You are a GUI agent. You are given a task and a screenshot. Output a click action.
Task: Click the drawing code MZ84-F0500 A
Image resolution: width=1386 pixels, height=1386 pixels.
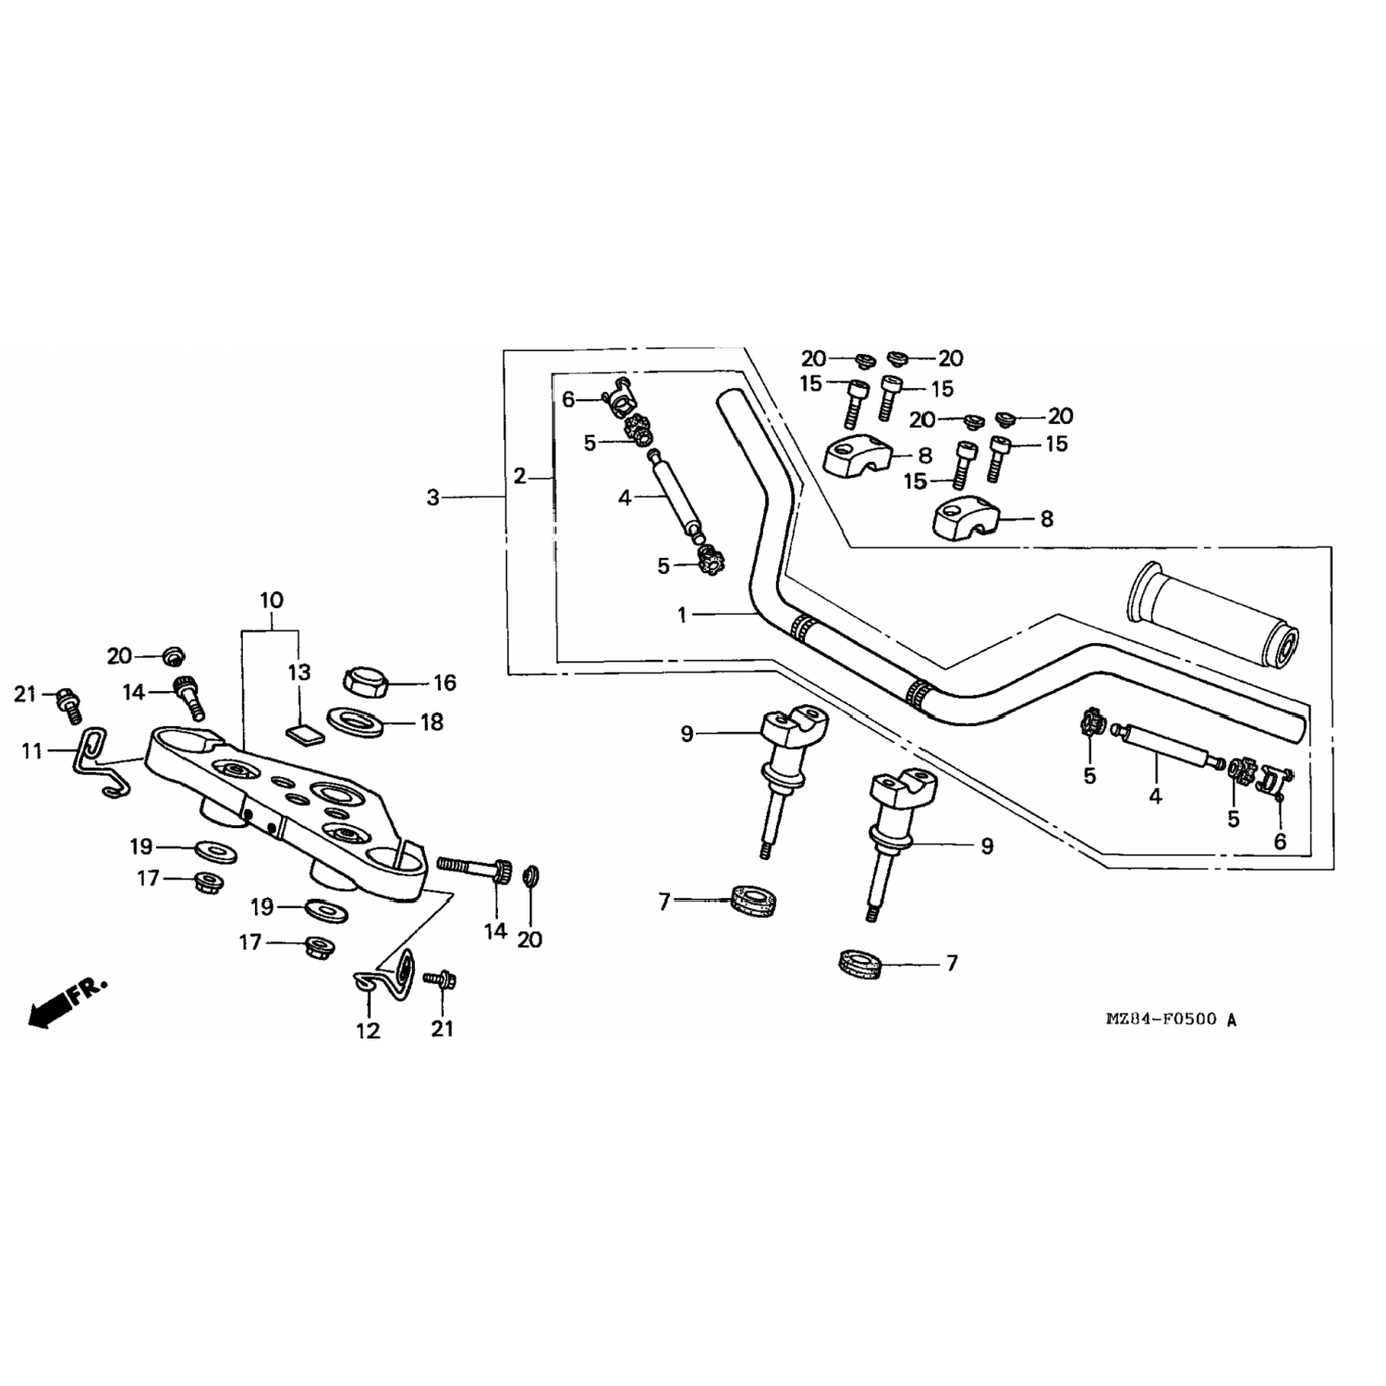coord(1171,1020)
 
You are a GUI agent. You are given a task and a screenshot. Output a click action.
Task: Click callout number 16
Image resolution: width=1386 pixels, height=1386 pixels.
coord(444,683)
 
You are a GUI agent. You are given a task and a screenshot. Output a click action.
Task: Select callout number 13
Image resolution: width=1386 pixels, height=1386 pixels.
coord(299,672)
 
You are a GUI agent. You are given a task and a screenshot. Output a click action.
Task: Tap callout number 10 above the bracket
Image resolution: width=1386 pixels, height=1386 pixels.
coord(271,601)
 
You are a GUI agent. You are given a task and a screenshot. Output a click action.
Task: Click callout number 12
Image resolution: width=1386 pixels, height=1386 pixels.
coord(368,1029)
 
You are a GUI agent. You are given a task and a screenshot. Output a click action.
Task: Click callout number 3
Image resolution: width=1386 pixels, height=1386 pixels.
coord(432,497)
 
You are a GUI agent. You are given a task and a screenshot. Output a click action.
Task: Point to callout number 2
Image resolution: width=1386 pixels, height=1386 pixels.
coord(519,477)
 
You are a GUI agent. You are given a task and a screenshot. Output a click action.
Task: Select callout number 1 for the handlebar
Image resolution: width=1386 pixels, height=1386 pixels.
coord(682,614)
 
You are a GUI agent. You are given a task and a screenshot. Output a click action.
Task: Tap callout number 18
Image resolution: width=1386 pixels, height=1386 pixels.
coord(432,722)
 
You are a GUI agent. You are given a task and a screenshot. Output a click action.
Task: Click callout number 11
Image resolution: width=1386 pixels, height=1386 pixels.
coord(32,751)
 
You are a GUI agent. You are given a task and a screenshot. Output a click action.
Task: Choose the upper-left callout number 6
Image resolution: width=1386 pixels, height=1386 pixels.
coord(568,399)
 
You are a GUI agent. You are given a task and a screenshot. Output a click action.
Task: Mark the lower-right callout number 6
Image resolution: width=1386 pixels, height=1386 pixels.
coord(1280,842)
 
